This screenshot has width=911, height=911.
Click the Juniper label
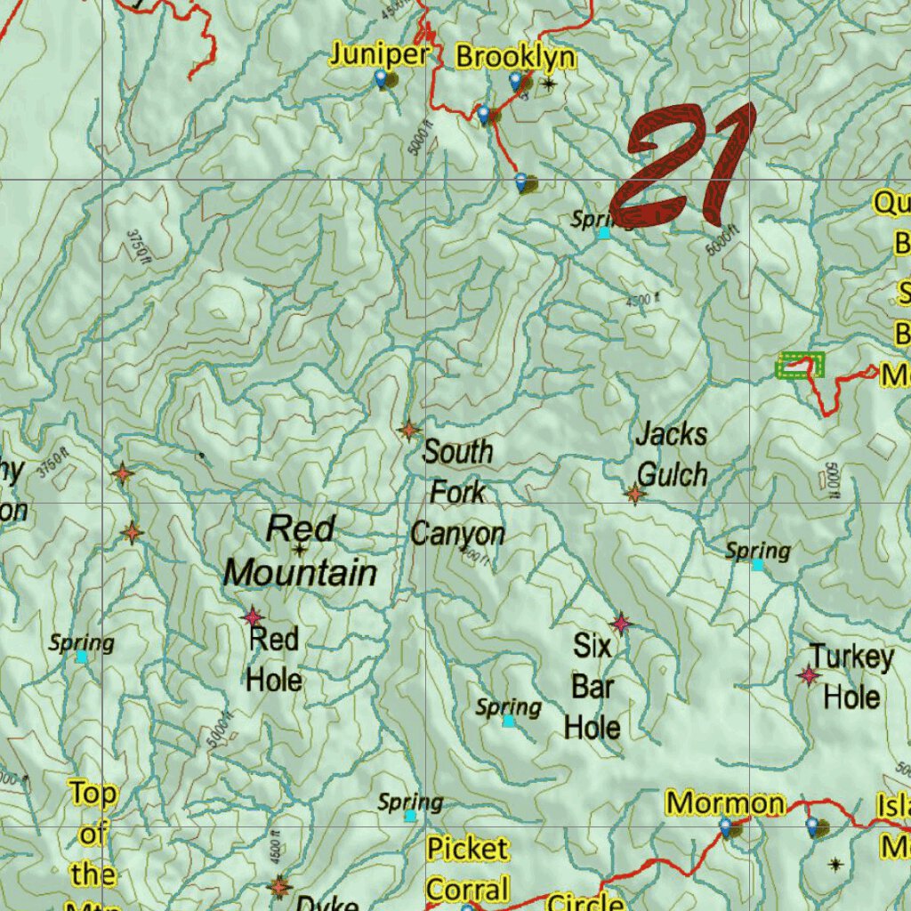(380, 55)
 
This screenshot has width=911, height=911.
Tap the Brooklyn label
(515, 58)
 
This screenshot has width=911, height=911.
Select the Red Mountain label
(300, 552)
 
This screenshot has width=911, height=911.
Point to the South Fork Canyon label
(457, 493)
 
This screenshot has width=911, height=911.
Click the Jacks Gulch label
(672, 455)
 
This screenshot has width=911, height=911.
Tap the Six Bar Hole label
(593, 687)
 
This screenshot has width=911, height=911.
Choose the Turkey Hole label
(851, 677)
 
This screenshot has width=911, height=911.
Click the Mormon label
(726, 803)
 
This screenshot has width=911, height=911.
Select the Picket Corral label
(467, 869)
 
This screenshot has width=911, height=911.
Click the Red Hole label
(274, 660)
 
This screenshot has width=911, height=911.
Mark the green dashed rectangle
(802, 365)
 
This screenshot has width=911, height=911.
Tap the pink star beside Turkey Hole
(809, 676)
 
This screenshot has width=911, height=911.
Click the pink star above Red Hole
(253, 617)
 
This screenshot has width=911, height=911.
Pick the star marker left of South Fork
(408, 431)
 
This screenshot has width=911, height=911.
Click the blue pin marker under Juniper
(382, 79)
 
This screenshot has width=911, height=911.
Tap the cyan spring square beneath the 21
(604, 233)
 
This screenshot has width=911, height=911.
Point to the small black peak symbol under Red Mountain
(300, 550)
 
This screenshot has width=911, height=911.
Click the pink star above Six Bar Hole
(621, 625)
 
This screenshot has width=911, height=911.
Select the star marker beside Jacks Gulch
(634, 494)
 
